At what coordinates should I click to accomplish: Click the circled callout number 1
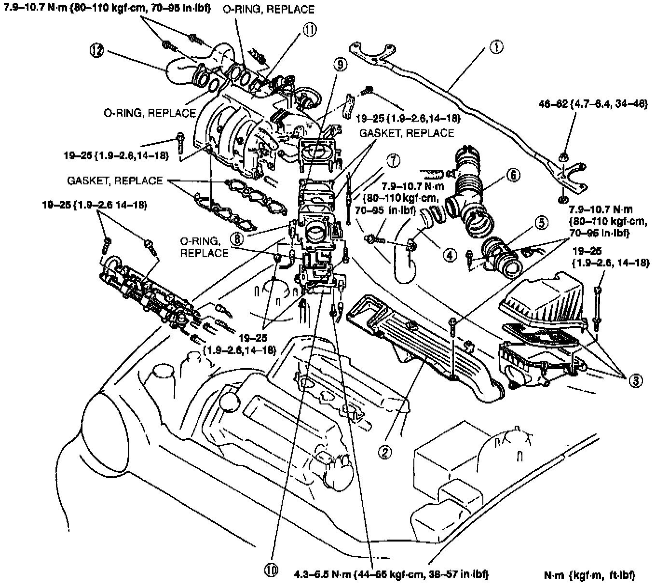pos(497,47)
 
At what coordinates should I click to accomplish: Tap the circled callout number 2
pos(384,451)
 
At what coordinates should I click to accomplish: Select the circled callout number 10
pos(272,570)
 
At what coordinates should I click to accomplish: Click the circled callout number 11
pos(309,30)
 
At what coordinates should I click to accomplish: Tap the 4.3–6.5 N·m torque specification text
pos(392,574)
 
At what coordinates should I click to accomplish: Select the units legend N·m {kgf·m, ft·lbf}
pos(589,574)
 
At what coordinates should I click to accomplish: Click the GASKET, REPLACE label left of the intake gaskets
pos(115,181)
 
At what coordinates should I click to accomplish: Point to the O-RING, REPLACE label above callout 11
pos(269,9)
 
